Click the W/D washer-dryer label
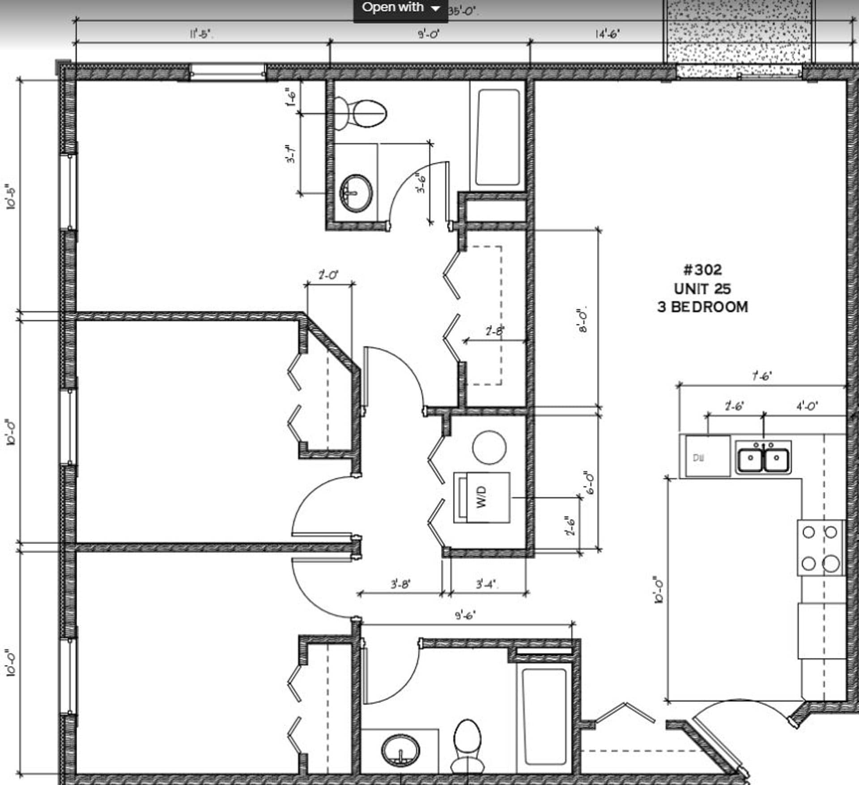pyautogui.click(x=481, y=497)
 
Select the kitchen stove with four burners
pyautogui.click(x=820, y=548)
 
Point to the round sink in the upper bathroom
pyautogui.click(x=356, y=193)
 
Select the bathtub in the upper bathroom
pyautogui.click(x=498, y=137)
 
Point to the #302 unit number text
pyautogui.click(x=702, y=270)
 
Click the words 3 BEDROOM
pyautogui.click(x=702, y=307)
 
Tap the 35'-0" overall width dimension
pyautogui.click(x=463, y=11)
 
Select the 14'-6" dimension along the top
pyautogui.click(x=607, y=34)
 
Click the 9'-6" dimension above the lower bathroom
pyautogui.click(x=465, y=616)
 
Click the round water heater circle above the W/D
pyautogui.click(x=489, y=447)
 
